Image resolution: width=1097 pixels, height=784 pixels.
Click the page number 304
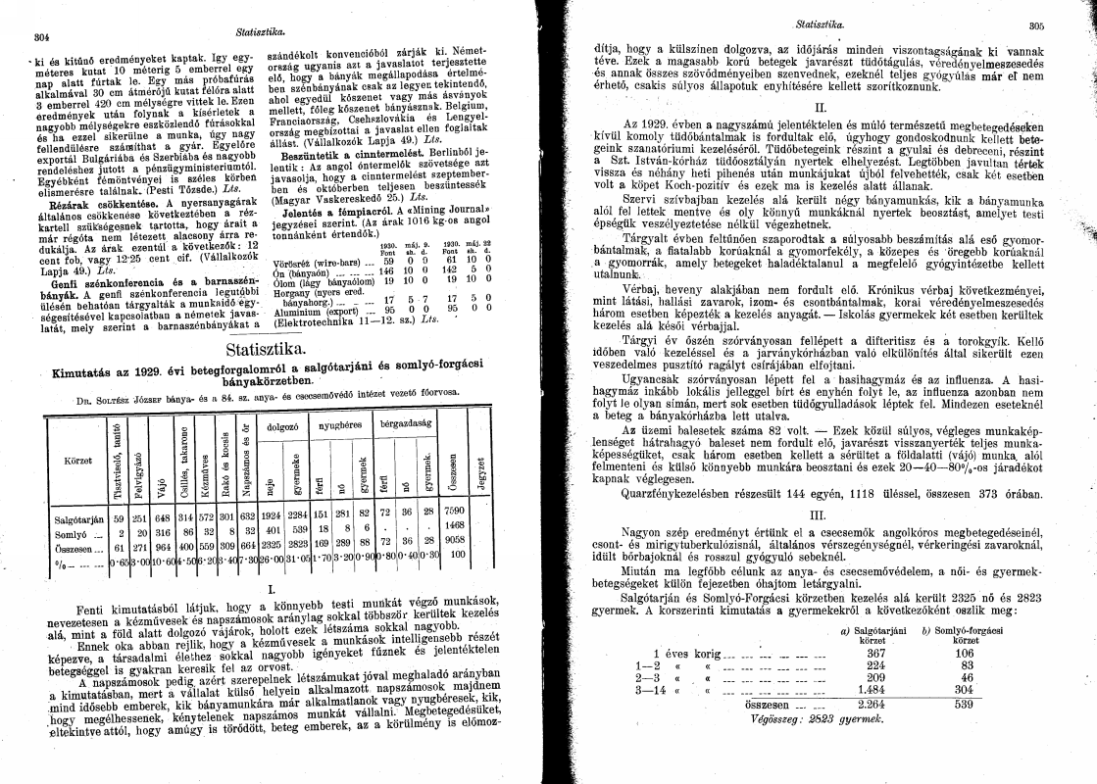[41, 38]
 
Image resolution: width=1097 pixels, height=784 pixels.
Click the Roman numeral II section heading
[822, 107]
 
